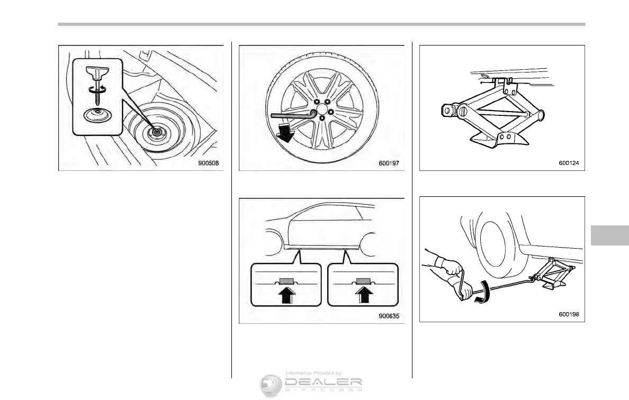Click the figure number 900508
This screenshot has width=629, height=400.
coord(209,163)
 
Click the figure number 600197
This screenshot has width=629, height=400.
coord(389,163)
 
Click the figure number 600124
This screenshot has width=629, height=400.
coord(569,163)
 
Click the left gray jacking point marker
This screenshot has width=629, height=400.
coord(286,280)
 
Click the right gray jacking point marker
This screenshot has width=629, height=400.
coord(363,280)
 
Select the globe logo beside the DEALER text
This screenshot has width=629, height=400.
coord(271,385)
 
